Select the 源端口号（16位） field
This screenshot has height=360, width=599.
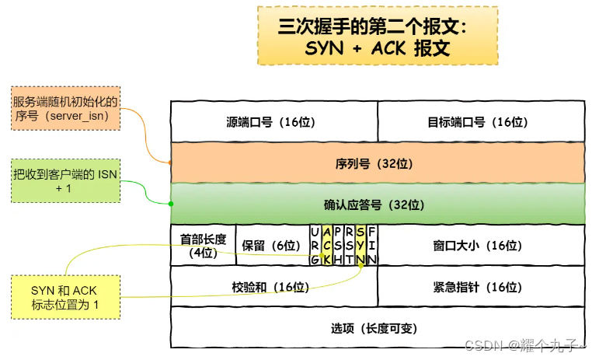(273, 122)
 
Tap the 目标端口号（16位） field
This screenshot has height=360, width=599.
(481, 122)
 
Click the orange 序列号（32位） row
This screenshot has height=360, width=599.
(378, 163)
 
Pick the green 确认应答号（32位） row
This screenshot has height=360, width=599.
(378, 204)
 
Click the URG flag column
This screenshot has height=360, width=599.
(314, 245)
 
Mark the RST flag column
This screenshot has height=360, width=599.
(350, 245)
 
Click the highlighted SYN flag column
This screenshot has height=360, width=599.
(360, 245)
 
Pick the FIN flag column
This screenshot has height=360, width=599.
(372, 245)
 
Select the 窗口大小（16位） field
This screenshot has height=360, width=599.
(481, 246)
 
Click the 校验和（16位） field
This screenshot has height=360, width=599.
(273, 287)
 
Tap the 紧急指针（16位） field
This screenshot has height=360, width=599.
(481, 287)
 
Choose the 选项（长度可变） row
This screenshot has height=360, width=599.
(378, 327)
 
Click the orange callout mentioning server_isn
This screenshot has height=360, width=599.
(64, 107)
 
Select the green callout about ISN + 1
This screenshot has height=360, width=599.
(64, 181)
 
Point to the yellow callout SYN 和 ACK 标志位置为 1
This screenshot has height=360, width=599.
(64, 296)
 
